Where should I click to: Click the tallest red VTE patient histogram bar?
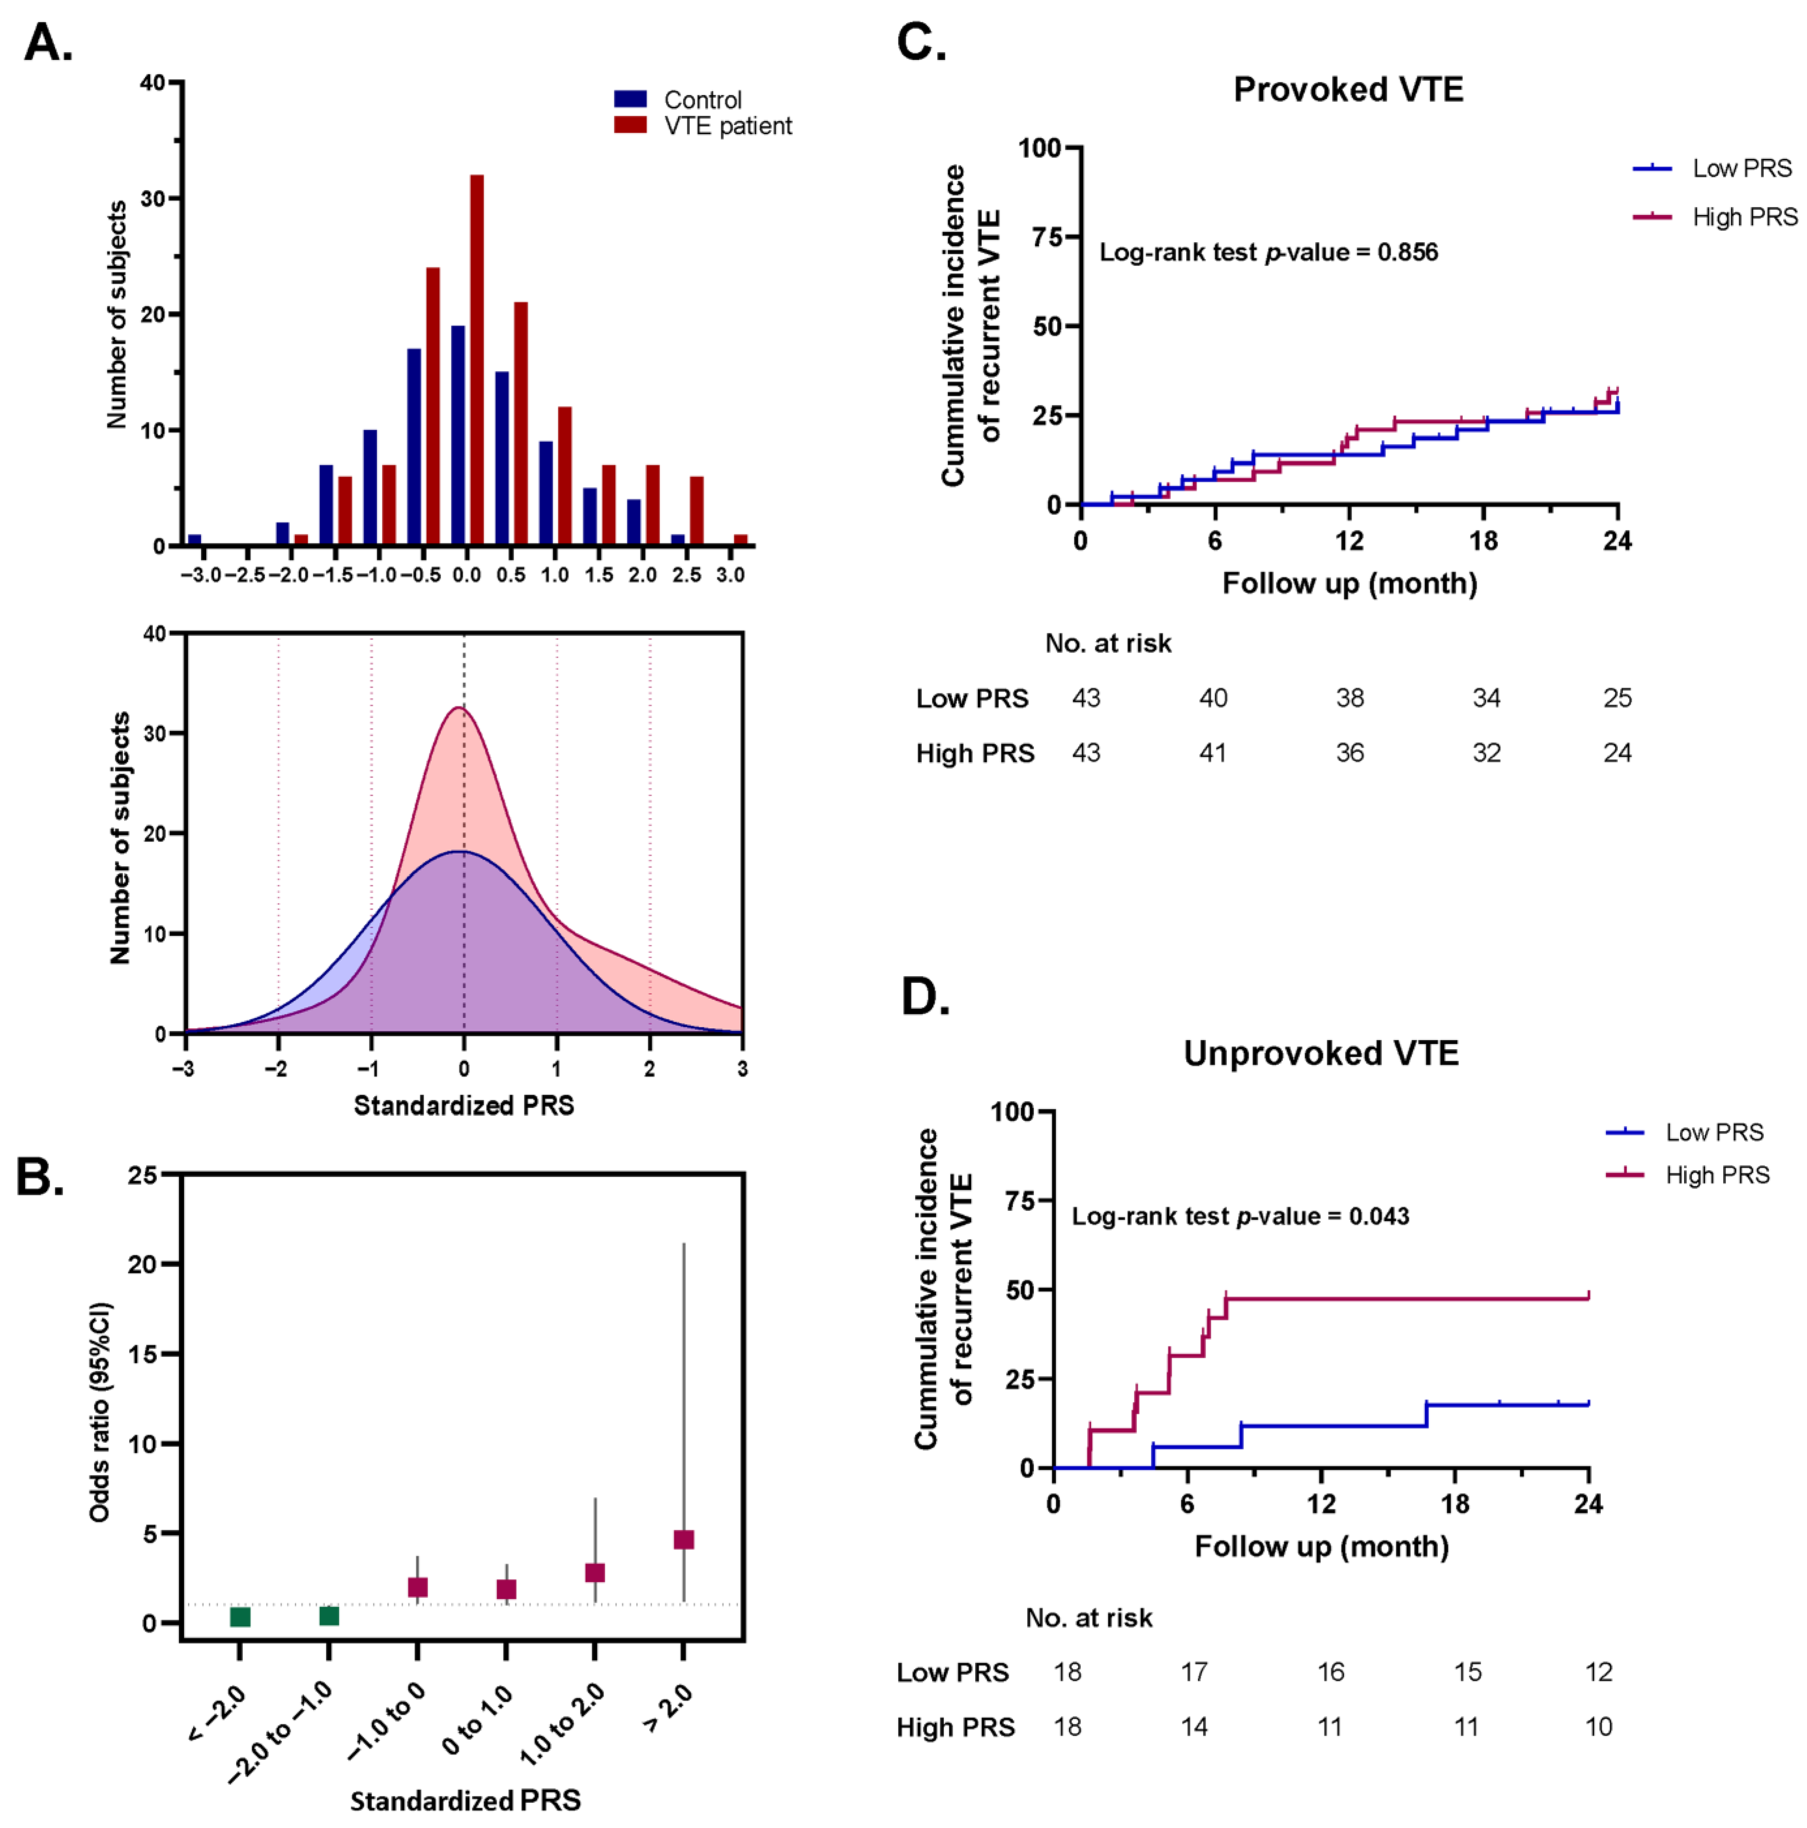tap(477, 359)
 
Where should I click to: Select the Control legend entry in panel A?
tap(702, 99)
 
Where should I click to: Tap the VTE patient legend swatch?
tap(630, 125)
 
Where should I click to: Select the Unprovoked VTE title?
tap(1321, 1053)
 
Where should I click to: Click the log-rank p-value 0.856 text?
tap(1268, 253)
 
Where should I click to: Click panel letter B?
tap(40, 1178)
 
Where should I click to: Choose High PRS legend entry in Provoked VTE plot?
tap(1744, 217)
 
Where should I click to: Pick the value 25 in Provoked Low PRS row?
tap(1617, 698)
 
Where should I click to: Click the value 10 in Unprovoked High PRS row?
tap(1598, 1727)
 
